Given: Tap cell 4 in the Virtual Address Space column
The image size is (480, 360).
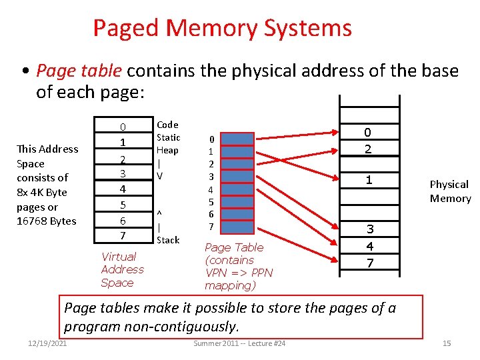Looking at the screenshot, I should [123, 189].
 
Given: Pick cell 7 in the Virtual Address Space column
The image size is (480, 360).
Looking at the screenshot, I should [123, 235].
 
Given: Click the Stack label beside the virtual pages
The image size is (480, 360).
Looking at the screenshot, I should [167, 240].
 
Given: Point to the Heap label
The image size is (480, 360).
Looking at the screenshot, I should [167, 151].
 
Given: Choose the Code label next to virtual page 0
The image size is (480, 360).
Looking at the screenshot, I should [167, 125].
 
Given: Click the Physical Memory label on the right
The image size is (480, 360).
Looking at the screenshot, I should [450, 191].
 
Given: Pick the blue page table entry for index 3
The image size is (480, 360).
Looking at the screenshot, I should [241, 177].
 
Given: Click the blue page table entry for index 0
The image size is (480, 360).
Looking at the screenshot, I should [241, 139].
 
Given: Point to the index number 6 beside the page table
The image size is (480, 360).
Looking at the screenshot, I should [211, 214].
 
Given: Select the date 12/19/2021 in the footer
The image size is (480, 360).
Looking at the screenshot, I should [47, 343].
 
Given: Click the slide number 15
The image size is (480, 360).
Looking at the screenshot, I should [447, 343].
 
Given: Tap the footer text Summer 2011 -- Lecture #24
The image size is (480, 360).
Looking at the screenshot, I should [239, 343].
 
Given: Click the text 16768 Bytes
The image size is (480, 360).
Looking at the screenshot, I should [47, 221].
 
